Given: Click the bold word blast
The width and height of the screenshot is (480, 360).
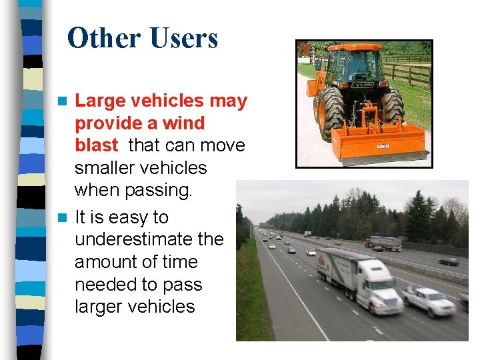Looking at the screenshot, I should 97,145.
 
